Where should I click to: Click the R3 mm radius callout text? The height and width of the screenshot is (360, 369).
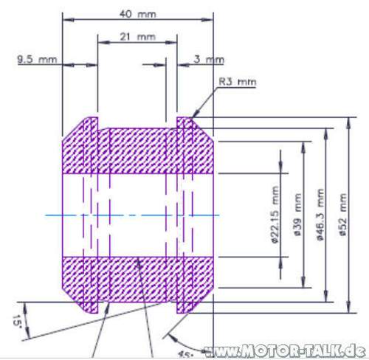[x=237, y=82]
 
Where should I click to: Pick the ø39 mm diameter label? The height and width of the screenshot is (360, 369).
[x=297, y=215]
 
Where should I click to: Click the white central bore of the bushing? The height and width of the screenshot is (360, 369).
[x=137, y=215]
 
